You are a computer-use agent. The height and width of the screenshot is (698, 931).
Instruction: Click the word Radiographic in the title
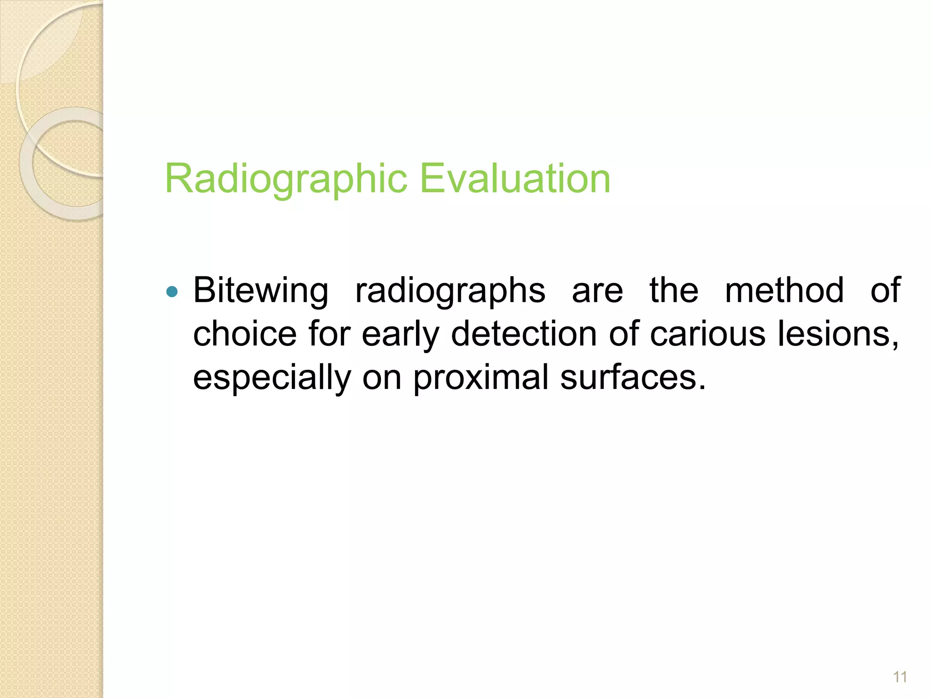click(x=286, y=179)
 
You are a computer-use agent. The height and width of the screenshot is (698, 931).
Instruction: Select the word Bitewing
click(x=260, y=291)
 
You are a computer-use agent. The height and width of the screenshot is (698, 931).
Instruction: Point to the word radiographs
click(x=450, y=291)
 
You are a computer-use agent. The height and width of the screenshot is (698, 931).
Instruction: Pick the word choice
click(x=245, y=334)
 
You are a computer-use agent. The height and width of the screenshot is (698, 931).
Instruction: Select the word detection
click(x=524, y=334)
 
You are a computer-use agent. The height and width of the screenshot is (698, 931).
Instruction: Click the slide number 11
click(x=900, y=677)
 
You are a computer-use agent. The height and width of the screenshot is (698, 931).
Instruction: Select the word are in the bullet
click(x=597, y=291)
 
